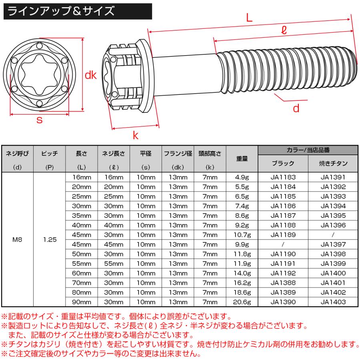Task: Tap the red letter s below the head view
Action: (39, 120)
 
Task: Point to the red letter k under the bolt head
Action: (135, 136)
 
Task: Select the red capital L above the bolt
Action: (249, 18)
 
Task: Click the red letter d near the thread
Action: (296, 108)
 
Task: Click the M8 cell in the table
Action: (17, 240)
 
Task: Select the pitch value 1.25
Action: (50, 240)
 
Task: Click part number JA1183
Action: (283, 177)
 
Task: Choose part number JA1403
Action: (333, 302)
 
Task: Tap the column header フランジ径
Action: (178, 153)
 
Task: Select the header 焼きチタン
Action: (333, 163)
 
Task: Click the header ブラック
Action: (283, 163)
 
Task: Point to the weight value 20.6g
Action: (242, 302)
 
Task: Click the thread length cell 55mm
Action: (114, 264)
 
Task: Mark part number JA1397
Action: (333, 244)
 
